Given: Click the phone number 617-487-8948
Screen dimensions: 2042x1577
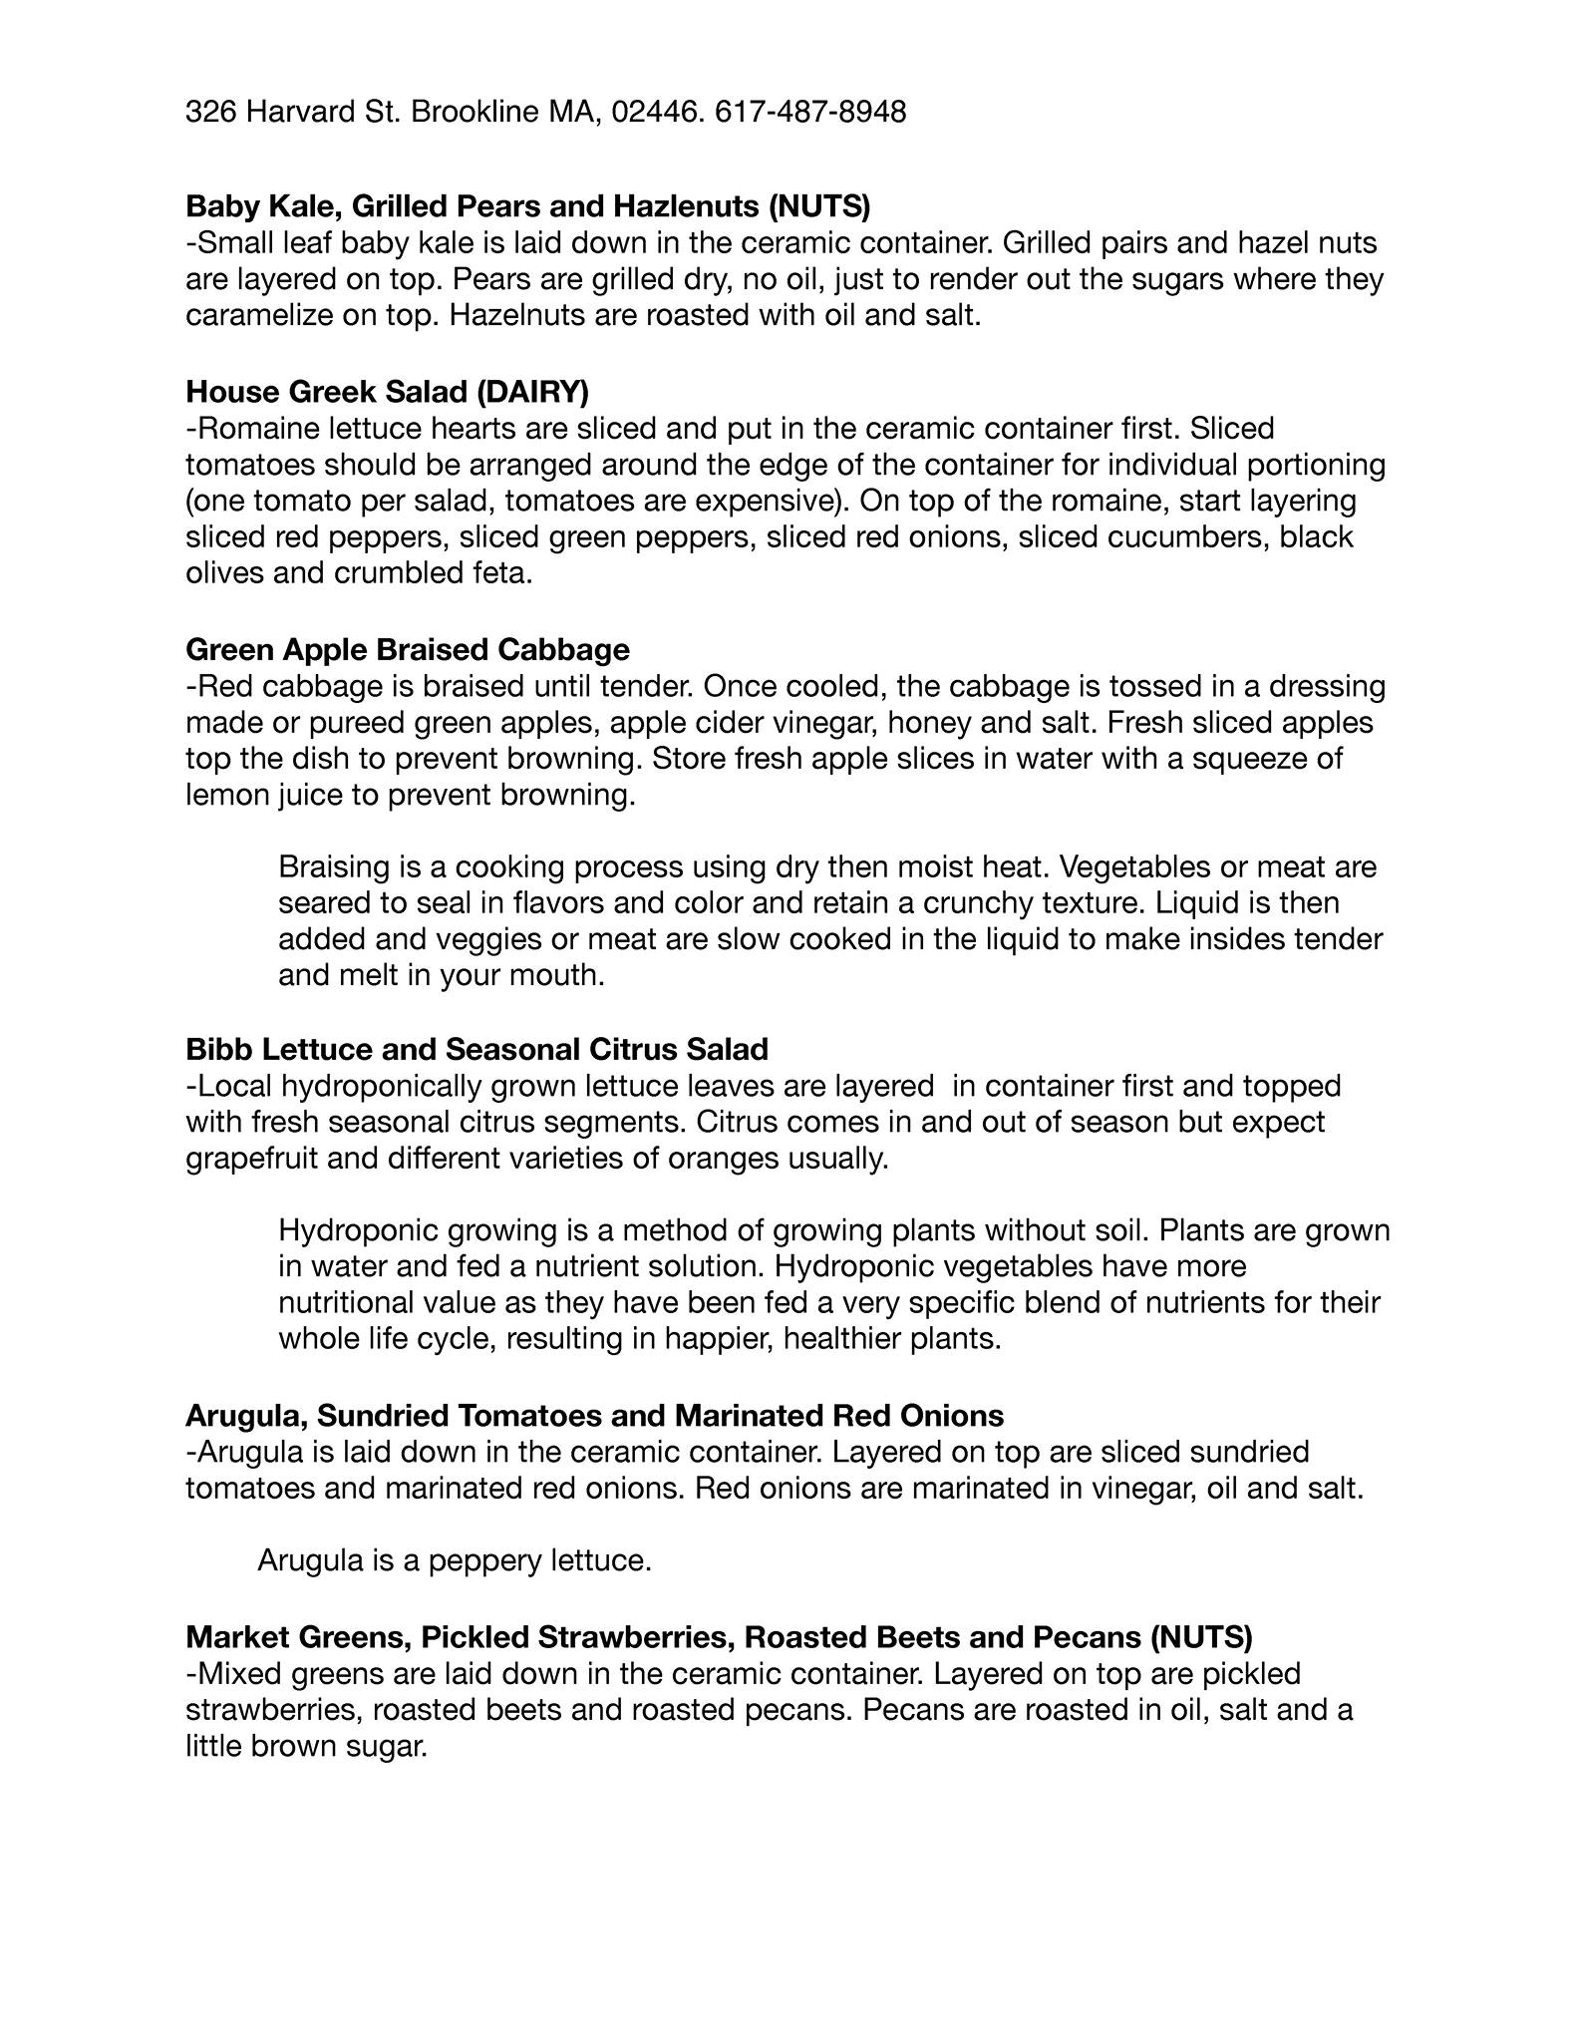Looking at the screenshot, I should pos(810,112).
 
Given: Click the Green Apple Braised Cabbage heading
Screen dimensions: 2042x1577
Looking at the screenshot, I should pos(408,650).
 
